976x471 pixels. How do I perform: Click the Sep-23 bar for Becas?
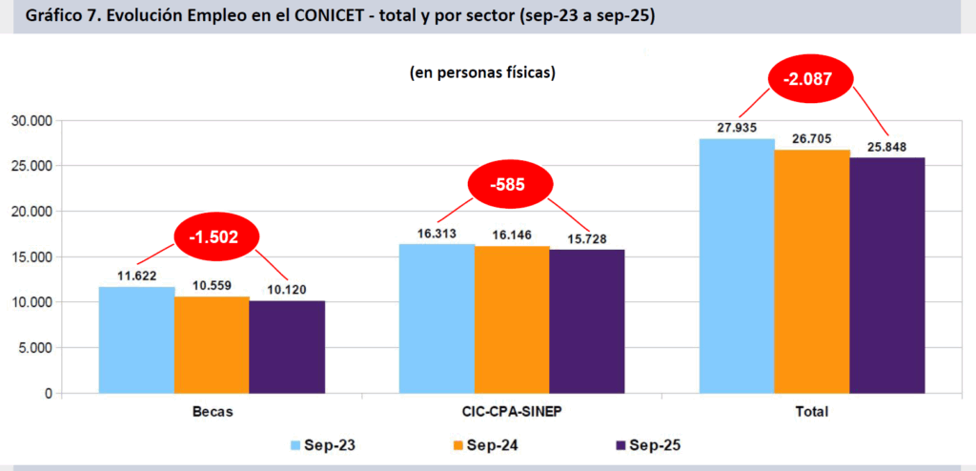pyautogui.click(x=136, y=339)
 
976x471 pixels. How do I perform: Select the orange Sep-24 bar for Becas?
pyautogui.click(x=212, y=344)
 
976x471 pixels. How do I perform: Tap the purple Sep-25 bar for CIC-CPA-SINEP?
pyautogui.click(x=587, y=321)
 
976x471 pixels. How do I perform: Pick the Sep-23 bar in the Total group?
pyautogui.click(x=737, y=266)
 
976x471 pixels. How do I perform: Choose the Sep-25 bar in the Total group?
pyautogui.click(x=887, y=276)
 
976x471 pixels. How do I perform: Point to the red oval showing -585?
pyautogui.click(x=510, y=185)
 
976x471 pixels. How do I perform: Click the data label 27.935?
pyautogui.click(x=738, y=126)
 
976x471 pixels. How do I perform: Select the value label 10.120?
pyautogui.click(x=287, y=290)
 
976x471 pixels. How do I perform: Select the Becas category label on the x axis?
pyautogui.click(x=212, y=412)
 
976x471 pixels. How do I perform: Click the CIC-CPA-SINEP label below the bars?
pyautogui.click(x=512, y=412)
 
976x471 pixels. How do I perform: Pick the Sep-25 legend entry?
pyautogui.click(x=648, y=444)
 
